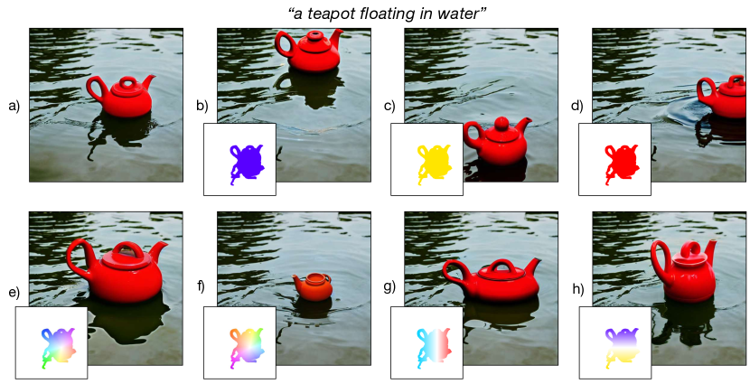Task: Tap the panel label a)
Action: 14,106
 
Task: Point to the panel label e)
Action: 14,291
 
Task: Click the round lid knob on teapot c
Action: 502,122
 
